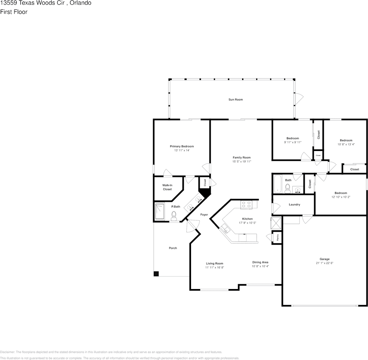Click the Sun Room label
tap(235, 100)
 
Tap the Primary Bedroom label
tap(182, 146)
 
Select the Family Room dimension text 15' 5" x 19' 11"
tap(241, 162)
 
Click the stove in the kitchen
tap(246, 204)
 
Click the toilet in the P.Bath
tap(174, 215)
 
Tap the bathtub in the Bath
tap(277, 184)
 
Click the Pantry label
tap(278, 237)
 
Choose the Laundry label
tap(294, 205)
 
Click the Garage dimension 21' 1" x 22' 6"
tap(324, 263)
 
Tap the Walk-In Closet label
tap(167, 187)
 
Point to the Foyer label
tap(204, 215)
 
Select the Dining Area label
tap(260, 262)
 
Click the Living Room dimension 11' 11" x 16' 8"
tap(215, 267)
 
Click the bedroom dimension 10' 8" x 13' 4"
tap(346, 144)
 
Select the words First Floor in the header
tap(14, 12)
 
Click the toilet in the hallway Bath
tap(288, 187)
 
